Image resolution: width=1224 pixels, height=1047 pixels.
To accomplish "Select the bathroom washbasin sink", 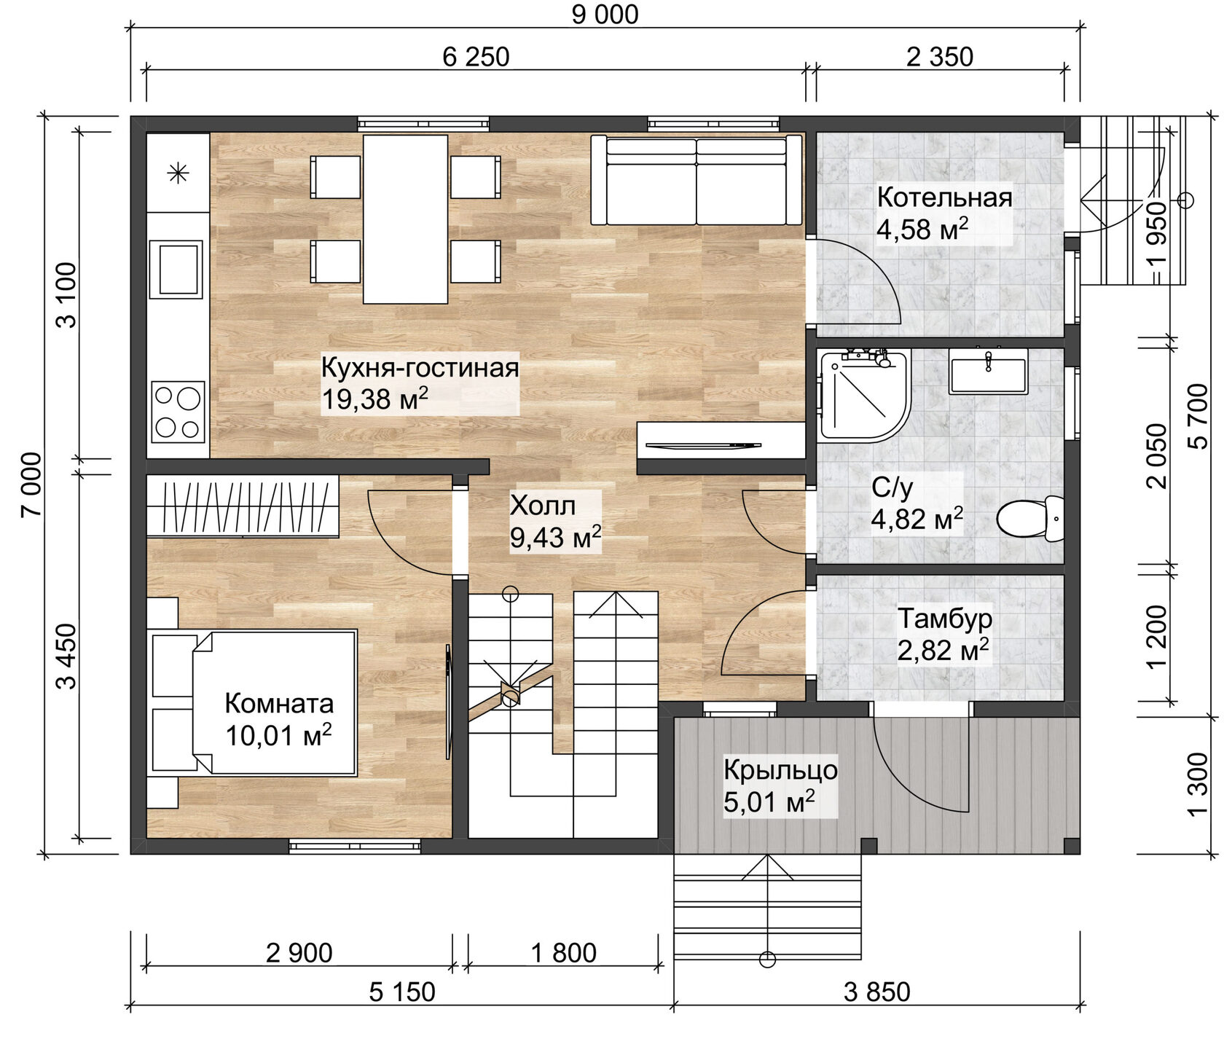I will pos(988,372).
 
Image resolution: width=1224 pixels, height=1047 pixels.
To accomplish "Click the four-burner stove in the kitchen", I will pos(178,412).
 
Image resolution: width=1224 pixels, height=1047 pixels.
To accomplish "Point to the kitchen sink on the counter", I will pos(176,269).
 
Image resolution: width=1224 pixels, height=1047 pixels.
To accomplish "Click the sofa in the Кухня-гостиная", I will pos(697,181).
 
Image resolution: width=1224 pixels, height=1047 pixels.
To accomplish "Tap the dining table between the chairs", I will pos(405,219).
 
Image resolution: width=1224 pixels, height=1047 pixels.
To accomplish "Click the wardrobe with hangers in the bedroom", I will pos(243,506).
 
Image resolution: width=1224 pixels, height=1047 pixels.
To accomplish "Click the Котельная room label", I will pos(944,197).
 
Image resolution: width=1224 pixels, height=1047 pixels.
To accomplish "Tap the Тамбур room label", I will pos(944,619).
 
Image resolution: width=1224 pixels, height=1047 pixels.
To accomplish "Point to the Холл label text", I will pos(543,505).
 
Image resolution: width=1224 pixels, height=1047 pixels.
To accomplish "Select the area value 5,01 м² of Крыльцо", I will pos(769,802).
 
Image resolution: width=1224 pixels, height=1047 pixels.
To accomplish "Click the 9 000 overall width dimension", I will pos(605,15).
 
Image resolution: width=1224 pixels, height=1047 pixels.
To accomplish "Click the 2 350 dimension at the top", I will pos(939,57).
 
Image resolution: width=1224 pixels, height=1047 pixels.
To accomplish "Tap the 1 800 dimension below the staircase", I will pos(563,953).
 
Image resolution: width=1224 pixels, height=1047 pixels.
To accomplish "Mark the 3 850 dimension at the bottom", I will pos(876,992).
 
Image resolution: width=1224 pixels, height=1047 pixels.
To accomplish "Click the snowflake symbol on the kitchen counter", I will pos(178,173).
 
